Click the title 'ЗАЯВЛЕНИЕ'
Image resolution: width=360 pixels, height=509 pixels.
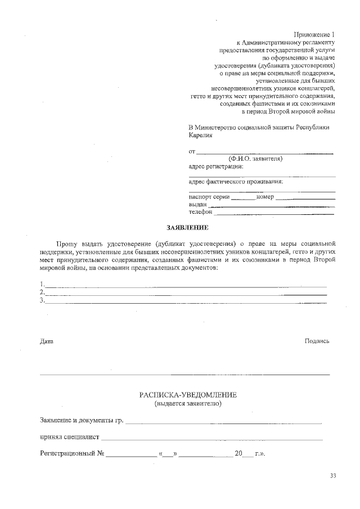(x=187, y=228)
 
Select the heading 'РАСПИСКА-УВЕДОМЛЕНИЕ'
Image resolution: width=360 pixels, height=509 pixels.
(x=188, y=395)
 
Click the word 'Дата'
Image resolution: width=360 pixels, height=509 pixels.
(x=47, y=341)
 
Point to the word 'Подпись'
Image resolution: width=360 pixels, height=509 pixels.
(x=317, y=341)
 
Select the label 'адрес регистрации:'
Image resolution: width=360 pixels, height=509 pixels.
(x=217, y=166)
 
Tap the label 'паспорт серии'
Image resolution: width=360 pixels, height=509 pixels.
(x=209, y=197)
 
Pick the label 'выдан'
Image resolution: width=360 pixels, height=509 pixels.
(x=197, y=205)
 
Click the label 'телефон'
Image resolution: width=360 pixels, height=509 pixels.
(x=200, y=213)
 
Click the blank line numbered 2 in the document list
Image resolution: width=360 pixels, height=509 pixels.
(x=186, y=293)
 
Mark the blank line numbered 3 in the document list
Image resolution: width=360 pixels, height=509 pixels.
(x=186, y=301)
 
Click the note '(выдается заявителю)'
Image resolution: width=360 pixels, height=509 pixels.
(x=188, y=404)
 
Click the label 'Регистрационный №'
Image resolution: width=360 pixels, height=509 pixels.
(x=73, y=453)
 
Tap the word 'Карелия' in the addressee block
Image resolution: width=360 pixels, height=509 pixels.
(x=201, y=136)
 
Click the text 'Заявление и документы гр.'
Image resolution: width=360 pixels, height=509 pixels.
(x=82, y=420)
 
